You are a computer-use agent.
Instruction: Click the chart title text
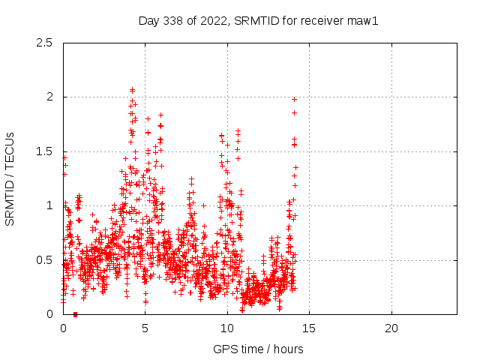pos(259,20)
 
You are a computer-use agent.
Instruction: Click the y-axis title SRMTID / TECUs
pos(10,178)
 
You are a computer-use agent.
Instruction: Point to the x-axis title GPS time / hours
pos(258,349)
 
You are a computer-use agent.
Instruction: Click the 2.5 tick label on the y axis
pos(44,43)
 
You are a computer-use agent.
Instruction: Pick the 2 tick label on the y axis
pos(49,97)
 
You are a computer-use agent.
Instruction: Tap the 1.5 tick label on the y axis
pos(44,151)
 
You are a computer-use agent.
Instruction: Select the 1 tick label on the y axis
pos(49,205)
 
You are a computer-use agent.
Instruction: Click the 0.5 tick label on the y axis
pos(44,260)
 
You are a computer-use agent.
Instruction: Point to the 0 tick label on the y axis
pos(49,314)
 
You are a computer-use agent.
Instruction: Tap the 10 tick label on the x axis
pos(227,328)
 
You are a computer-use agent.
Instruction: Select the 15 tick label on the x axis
pos(309,328)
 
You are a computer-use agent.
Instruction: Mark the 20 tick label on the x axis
pos(391,328)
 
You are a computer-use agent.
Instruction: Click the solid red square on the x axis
pos(75,314)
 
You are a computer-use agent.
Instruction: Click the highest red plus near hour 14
pos(294,99)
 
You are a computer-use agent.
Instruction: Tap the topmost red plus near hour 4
pos(133,90)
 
